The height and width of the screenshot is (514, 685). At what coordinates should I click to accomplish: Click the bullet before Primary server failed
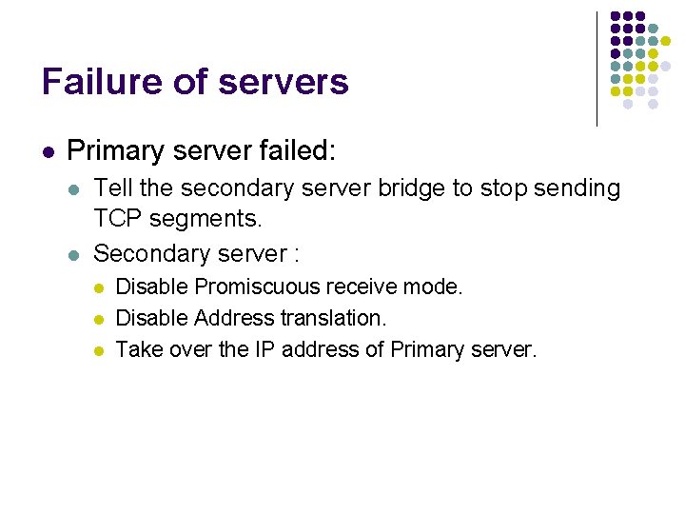(x=48, y=151)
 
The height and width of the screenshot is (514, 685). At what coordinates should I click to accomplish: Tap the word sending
(x=577, y=188)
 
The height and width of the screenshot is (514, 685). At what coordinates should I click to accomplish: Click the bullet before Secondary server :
(x=75, y=254)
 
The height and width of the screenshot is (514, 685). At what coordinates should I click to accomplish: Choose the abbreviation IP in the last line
(x=264, y=349)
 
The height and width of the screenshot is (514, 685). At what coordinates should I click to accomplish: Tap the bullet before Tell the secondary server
(x=75, y=189)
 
